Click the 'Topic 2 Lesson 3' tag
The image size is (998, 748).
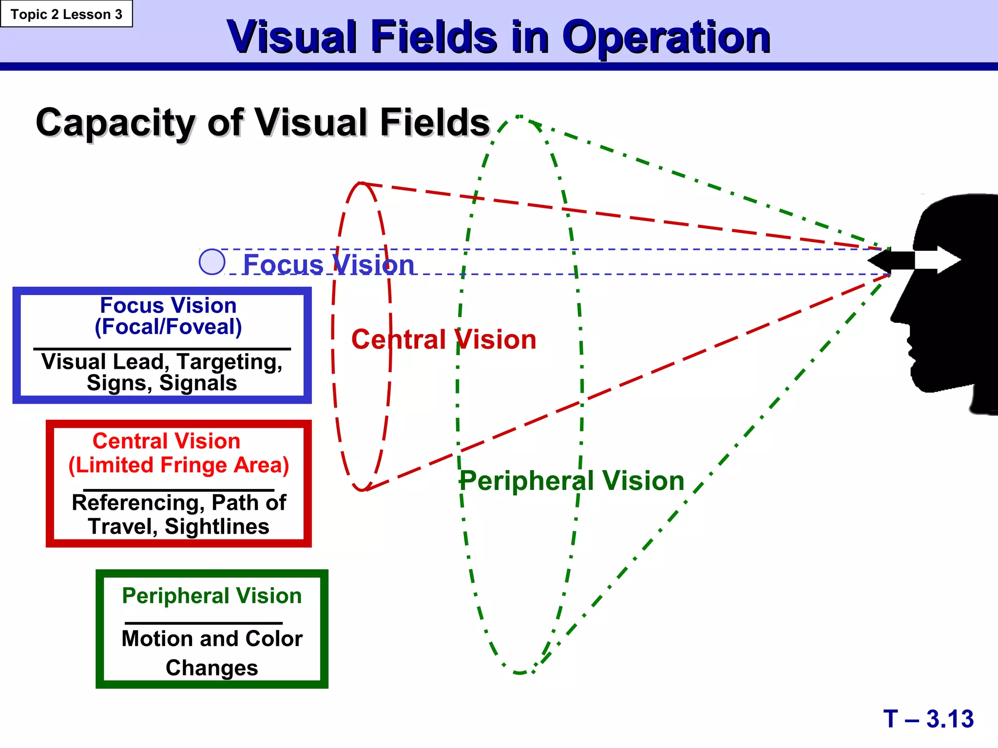66,14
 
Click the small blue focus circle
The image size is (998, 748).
212,262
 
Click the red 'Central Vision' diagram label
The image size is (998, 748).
443,339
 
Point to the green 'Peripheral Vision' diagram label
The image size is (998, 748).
572,481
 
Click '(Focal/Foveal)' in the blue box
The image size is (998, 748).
168,327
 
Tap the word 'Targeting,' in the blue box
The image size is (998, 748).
230,362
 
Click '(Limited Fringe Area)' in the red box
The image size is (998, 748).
178,465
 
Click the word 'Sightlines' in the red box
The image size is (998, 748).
217,527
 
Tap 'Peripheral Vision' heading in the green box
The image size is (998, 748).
212,596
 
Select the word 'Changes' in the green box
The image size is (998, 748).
212,668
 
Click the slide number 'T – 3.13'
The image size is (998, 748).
928,719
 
